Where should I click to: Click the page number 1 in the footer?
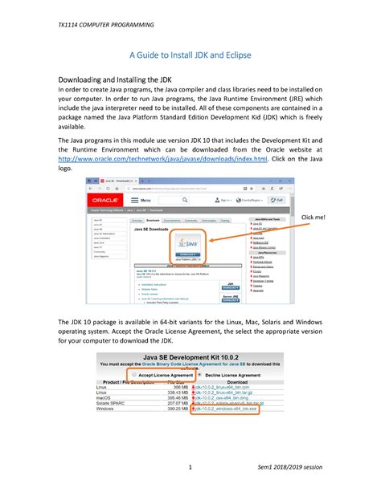[189, 466]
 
